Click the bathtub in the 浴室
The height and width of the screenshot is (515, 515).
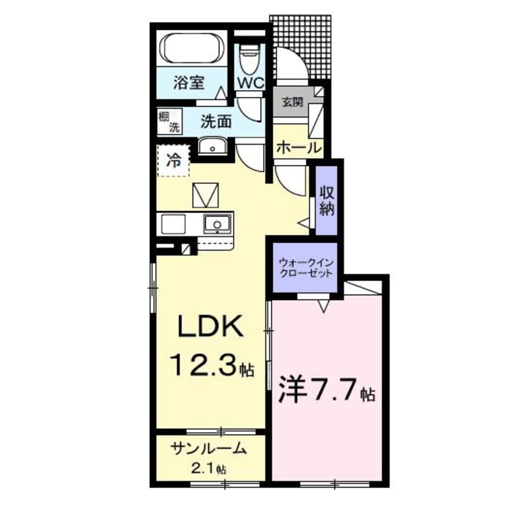192,48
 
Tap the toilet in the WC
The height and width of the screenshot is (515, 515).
250,57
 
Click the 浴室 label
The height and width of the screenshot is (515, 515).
189,82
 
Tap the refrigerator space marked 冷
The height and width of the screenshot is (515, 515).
173,161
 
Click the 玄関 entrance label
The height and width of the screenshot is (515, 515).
292,102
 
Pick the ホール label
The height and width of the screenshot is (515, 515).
298,148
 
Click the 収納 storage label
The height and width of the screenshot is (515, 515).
326,200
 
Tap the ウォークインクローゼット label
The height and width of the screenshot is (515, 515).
306,268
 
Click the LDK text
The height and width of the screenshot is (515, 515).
211,326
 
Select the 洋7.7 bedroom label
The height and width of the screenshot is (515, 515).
327,390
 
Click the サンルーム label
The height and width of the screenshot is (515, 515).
209,449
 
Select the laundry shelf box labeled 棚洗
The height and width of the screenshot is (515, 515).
169,121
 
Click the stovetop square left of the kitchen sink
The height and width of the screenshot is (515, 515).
173,223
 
